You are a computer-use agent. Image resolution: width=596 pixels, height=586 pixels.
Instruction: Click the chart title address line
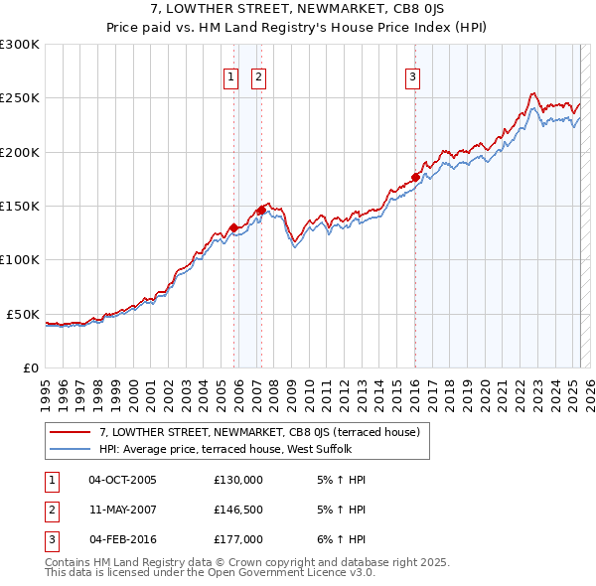tap(298, 10)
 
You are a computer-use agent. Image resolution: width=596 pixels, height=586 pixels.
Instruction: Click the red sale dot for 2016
tap(415, 177)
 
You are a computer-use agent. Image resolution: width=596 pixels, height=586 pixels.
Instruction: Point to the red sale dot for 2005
tap(233, 227)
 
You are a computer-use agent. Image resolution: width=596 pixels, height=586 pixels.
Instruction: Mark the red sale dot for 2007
tap(260, 210)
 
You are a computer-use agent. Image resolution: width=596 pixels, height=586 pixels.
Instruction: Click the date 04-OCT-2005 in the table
tap(122, 480)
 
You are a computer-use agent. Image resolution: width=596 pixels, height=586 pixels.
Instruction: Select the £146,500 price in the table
tap(238, 510)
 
